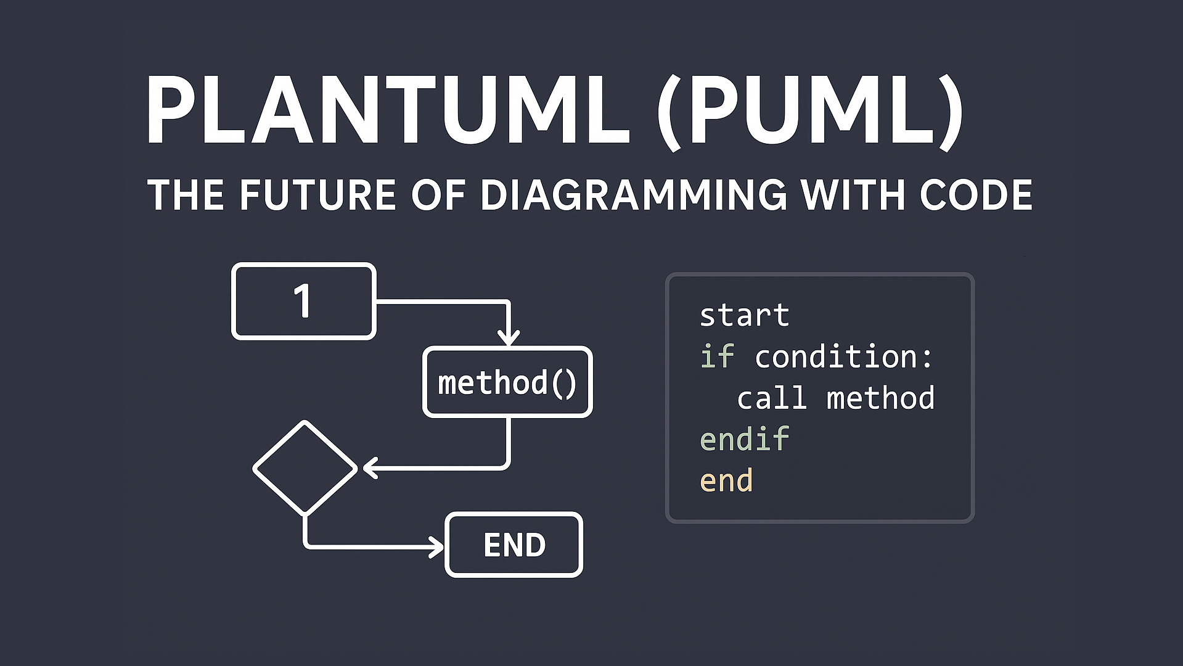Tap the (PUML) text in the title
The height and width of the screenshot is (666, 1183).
pos(809,111)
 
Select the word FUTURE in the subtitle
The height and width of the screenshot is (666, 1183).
pos(317,195)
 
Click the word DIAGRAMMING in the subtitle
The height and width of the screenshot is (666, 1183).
pos(634,195)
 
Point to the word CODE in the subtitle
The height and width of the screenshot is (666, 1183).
pos(976,195)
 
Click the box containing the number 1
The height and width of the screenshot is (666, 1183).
pos(303,302)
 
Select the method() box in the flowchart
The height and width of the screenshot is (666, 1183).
pos(507,382)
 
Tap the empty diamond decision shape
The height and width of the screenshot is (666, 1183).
pos(305,468)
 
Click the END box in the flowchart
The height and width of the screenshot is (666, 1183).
pos(514,545)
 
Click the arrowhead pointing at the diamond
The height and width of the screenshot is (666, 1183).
pos(370,468)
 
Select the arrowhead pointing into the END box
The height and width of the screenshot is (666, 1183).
pos(436,547)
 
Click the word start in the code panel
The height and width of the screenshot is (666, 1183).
pos(744,316)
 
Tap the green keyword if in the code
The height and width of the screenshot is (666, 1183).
pos(717,356)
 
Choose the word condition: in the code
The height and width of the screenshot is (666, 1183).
pos(844,357)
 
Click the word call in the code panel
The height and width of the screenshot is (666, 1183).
pos(772,398)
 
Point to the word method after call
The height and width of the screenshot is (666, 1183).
pos(880,398)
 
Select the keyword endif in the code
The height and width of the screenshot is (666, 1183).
pos(744,440)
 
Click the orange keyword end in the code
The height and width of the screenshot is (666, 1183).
pos(726,481)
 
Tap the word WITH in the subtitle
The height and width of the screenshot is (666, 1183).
pos(854,195)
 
